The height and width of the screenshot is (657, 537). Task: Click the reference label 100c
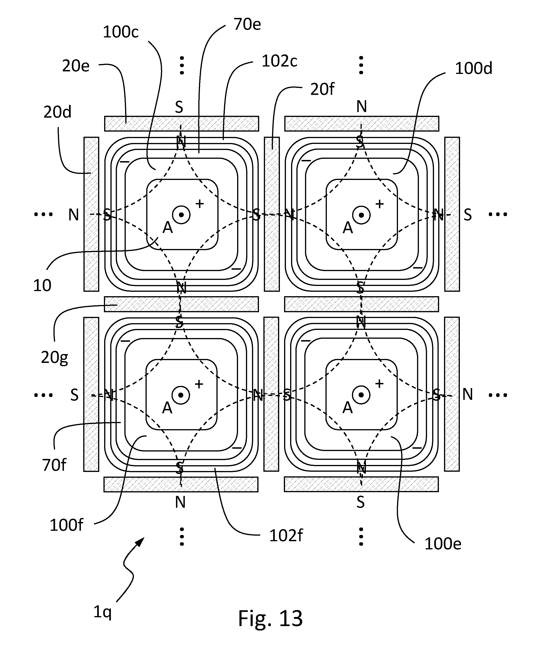coord(121,32)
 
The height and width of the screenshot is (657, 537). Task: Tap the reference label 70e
coord(247,24)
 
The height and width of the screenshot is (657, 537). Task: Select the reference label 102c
coord(279,61)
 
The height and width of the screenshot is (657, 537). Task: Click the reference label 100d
coord(474,68)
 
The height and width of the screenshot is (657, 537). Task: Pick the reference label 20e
coord(76,66)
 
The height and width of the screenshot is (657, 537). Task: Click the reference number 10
coord(42,285)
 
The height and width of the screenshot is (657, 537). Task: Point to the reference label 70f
coord(54,465)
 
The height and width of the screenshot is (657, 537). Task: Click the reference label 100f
coord(66,525)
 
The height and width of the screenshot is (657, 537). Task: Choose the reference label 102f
coord(286,535)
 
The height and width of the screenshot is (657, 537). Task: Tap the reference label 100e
coord(443,544)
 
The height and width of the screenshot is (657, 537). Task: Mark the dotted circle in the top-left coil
coord(181,215)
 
